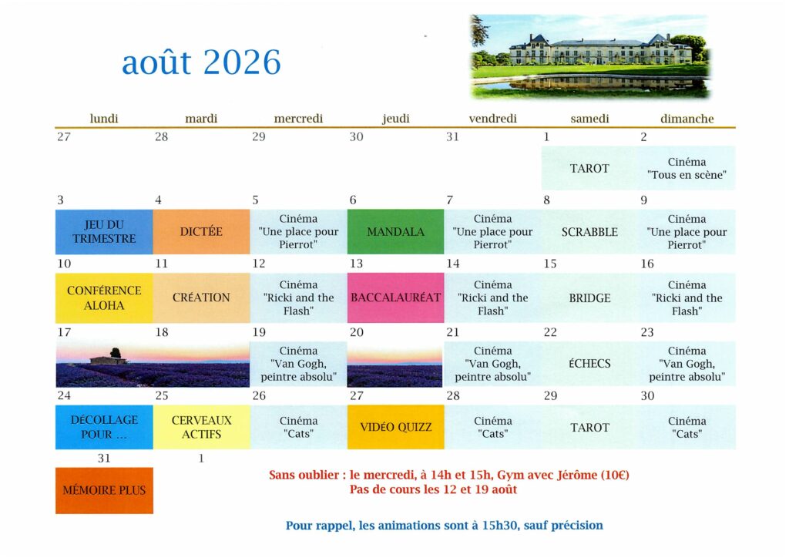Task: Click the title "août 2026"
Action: click(201, 62)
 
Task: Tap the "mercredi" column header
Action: click(298, 119)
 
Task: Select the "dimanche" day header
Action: click(687, 119)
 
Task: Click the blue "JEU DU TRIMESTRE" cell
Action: click(104, 232)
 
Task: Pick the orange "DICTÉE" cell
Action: click(201, 232)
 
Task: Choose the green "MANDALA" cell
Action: click(395, 232)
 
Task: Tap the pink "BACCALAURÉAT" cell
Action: click(395, 297)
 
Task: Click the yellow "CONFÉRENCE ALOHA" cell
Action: click(104, 297)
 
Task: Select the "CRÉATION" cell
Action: click(201, 297)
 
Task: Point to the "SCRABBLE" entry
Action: click(589, 232)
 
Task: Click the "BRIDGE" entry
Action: click(589, 297)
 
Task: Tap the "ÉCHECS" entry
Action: click(589, 363)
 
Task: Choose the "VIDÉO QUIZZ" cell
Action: click(395, 427)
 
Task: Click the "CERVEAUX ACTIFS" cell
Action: click(201, 427)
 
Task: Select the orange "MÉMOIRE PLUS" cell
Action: click(104, 491)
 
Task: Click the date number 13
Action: click(356, 264)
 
